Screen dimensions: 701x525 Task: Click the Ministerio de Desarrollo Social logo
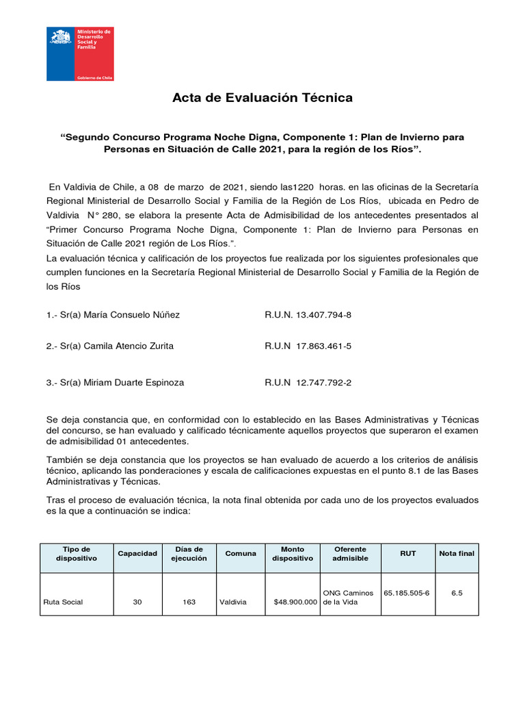[x=79, y=54]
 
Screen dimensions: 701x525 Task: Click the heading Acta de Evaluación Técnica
[x=262, y=98]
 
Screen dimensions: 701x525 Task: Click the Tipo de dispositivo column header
[x=77, y=554]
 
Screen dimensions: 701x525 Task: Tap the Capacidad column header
[x=137, y=554]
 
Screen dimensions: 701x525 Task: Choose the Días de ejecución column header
[x=189, y=554]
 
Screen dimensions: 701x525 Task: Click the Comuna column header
[x=241, y=554]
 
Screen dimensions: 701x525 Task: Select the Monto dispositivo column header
[x=293, y=554]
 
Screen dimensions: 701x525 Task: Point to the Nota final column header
[x=457, y=554]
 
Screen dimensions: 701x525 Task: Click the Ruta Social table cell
[x=63, y=602]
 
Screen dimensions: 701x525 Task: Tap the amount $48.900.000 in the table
[x=295, y=602]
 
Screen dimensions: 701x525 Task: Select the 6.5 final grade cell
[x=457, y=593]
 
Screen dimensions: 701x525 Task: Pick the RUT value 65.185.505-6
[x=407, y=593]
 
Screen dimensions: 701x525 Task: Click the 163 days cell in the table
[x=189, y=602]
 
